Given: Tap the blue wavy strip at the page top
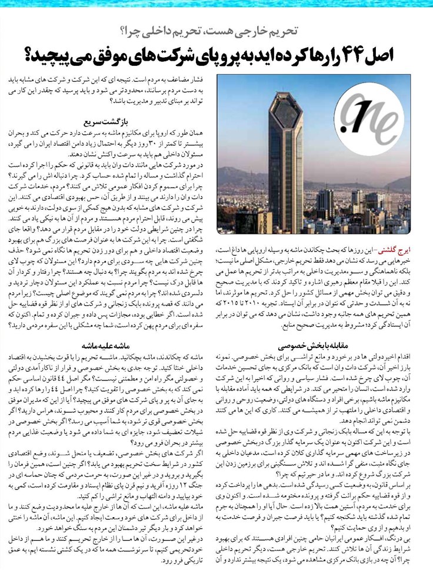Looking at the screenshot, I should click(216, 7).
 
